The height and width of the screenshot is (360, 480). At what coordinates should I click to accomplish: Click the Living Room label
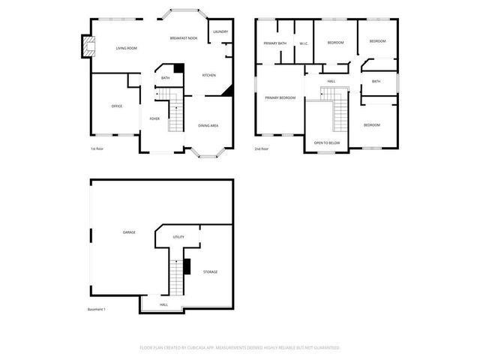click(x=126, y=49)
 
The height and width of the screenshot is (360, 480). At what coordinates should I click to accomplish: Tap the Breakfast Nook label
click(x=184, y=37)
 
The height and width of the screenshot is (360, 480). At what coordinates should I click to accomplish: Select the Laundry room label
click(x=220, y=31)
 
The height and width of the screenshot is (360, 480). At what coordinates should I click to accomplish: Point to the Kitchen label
click(x=209, y=75)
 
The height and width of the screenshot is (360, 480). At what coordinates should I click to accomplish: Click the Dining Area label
click(x=208, y=125)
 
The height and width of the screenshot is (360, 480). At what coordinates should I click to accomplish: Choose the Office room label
click(x=117, y=106)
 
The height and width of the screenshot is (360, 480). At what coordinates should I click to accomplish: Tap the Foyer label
click(x=154, y=118)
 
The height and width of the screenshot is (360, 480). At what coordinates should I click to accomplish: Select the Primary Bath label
click(x=274, y=43)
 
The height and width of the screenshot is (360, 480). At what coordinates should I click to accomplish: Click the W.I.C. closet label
click(x=304, y=43)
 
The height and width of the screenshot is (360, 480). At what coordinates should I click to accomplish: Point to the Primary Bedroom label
click(x=280, y=97)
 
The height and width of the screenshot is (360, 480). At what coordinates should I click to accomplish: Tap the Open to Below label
click(x=327, y=142)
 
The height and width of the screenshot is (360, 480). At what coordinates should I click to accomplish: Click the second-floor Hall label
click(x=331, y=81)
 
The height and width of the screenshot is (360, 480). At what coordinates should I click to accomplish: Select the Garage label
click(x=129, y=232)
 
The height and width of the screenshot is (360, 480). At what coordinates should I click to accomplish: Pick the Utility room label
click(x=178, y=236)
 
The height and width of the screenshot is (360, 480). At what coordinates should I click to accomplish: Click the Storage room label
click(x=210, y=271)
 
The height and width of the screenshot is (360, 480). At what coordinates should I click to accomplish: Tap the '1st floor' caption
click(x=97, y=148)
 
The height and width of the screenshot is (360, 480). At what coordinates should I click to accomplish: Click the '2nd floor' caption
click(x=261, y=148)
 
